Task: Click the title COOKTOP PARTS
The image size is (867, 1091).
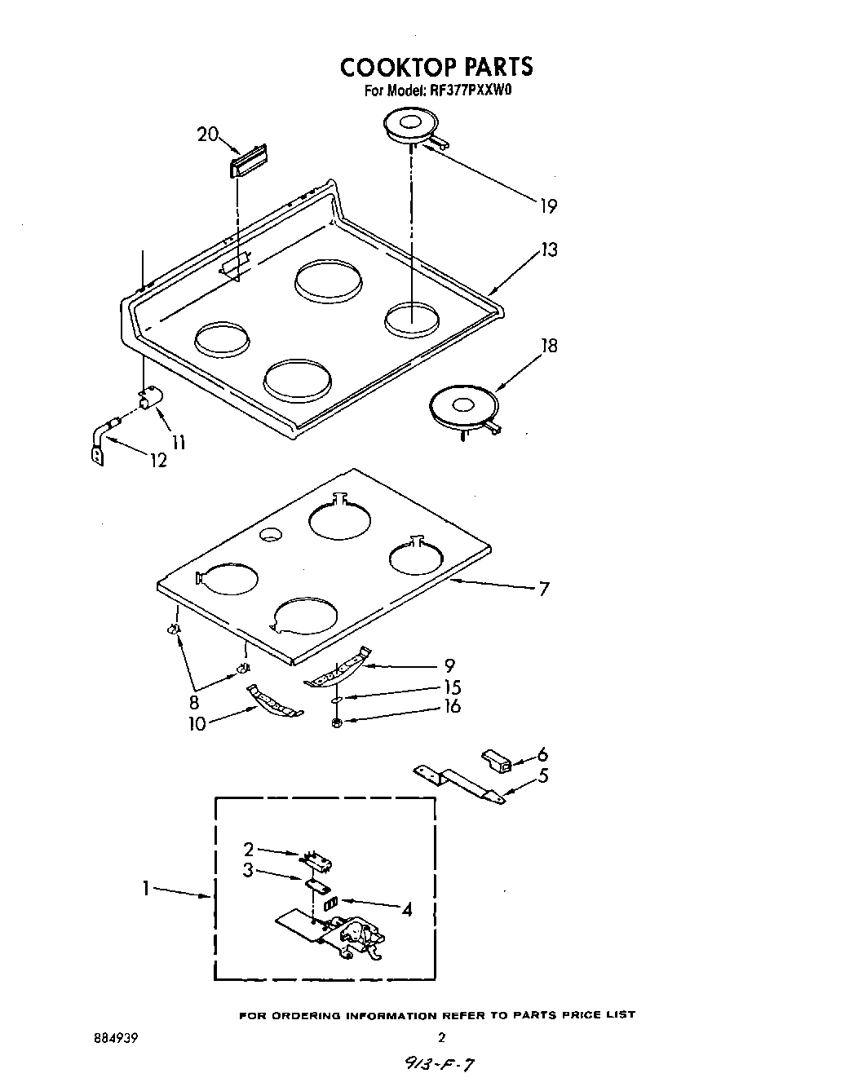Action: [436, 66]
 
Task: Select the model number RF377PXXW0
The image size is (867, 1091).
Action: [467, 91]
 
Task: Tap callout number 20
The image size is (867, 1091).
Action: [207, 135]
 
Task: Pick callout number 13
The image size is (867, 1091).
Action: [549, 250]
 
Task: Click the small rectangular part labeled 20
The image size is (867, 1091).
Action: [250, 161]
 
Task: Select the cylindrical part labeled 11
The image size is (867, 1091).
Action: [150, 400]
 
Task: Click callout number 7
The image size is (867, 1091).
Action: [544, 588]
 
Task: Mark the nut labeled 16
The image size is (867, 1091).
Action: [338, 723]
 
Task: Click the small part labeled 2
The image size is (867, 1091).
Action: [319, 859]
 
